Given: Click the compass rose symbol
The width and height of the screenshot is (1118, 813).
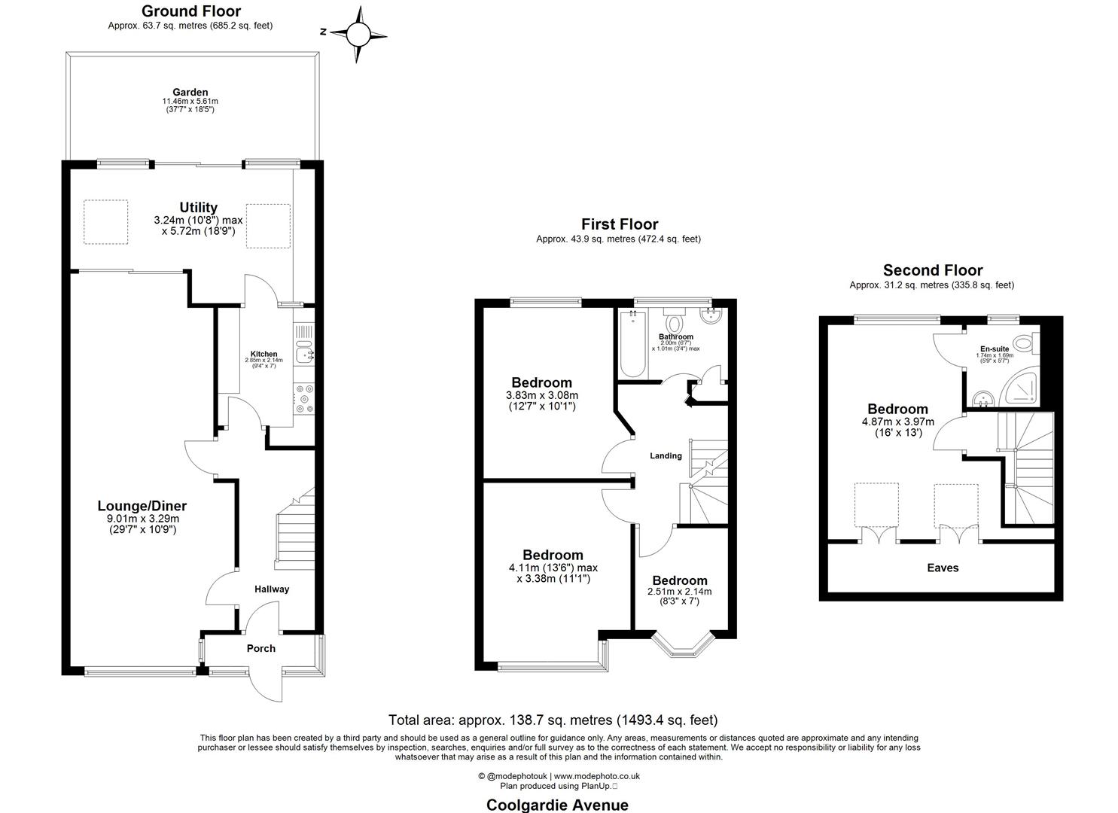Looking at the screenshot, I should pos(358,34).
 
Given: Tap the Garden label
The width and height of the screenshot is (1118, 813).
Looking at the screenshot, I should pos(190,93).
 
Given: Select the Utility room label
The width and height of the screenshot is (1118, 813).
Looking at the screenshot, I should pos(198,208).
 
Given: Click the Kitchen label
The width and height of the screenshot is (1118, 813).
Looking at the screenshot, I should pos(264,354).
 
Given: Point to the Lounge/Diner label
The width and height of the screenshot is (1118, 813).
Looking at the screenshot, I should pos(142,507).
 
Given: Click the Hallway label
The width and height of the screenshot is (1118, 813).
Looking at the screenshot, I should pos(271,589).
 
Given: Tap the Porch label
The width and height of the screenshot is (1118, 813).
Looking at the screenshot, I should pos(261,648).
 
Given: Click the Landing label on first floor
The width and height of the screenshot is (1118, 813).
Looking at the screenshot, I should pos(666,456).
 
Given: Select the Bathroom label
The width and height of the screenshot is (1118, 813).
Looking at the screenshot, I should pos(675,336).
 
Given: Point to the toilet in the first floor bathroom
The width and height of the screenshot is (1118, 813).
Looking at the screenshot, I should pos(674,322).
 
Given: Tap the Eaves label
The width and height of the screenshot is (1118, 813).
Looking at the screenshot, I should pos(943,568).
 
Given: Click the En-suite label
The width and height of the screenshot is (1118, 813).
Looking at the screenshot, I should pos(994,349).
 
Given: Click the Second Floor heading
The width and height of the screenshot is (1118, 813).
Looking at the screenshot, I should pos(932,270).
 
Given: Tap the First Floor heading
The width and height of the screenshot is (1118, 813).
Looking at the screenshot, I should pos(619,224).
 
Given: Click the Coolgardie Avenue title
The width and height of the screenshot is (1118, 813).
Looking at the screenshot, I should pos(557,805).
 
